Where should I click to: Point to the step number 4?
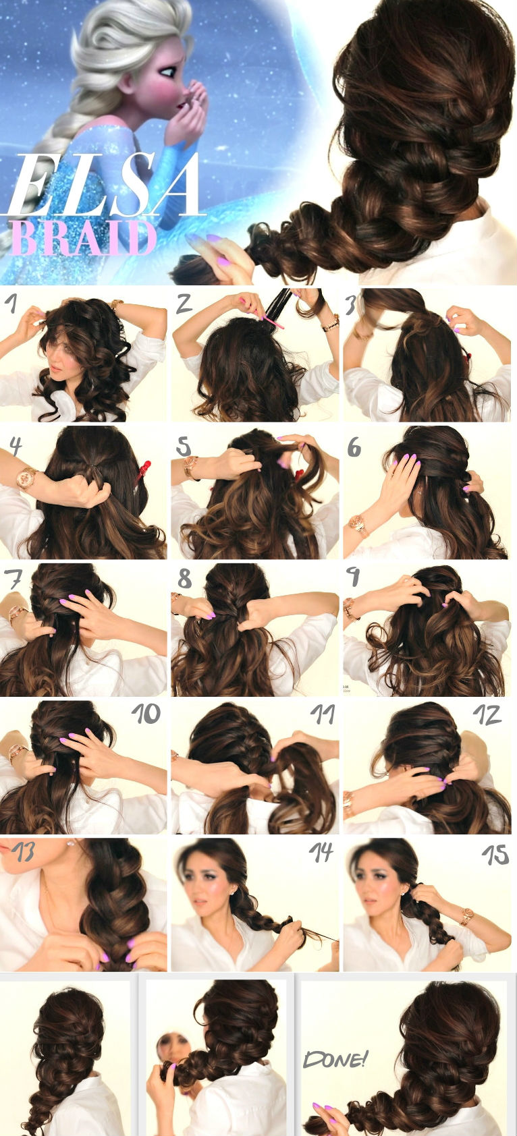(16, 446)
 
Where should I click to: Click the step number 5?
(184, 446)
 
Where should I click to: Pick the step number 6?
(355, 446)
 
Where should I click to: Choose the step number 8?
(184, 579)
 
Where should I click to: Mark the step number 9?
(353, 577)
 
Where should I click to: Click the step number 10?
(146, 714)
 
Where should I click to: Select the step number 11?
(322, 714)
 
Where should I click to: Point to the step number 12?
(487, 714)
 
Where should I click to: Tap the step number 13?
(25, 853)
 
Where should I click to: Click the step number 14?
(321, 853)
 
